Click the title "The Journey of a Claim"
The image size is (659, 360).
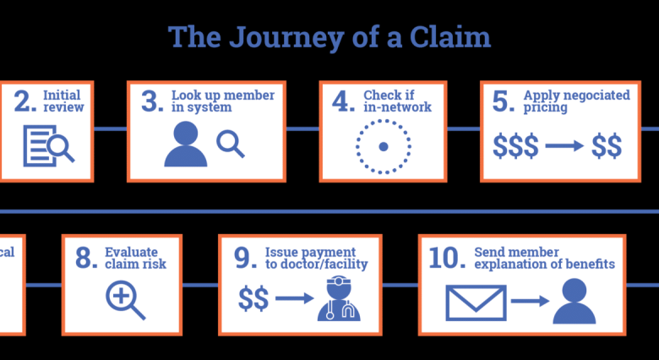(x=329, y=38)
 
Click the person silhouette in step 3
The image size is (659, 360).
(x=185, y=145)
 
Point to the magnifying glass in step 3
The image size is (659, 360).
(x=230, y=144)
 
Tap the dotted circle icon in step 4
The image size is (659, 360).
(x=383, y=146)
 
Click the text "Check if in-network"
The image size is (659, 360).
(x=397, y=101)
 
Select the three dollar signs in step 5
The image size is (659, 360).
(x=516, y=146)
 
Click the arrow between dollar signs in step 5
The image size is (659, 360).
(x=564, y=146)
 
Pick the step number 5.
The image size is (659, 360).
(x=504, y=102)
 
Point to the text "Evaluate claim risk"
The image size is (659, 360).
(x=135, y=258)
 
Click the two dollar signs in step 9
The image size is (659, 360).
(x=254, y=298)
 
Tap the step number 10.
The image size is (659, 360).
(x=447, y=258)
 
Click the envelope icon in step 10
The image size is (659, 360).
(x=476, y=302)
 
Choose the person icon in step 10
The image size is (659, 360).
(x=574, y=302)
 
